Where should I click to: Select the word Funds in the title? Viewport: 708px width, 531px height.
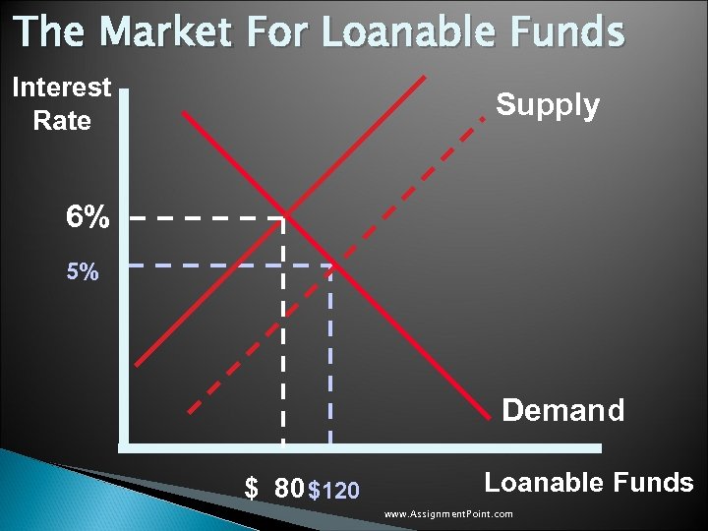tap(569, 31)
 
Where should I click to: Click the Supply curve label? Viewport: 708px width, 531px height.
tap(548, 105)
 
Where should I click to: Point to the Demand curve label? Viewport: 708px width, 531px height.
tap(562, 410)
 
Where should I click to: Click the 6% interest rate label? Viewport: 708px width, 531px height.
tap(88, 217)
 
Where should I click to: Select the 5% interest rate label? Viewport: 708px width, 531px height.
tap(83, 271)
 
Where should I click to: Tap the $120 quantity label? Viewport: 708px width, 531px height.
tap(333, 490)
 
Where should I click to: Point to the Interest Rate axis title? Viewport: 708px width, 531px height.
tap(61, 104)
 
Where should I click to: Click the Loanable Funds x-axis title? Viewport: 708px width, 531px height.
tap(589, 482)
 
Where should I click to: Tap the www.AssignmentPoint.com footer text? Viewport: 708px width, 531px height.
tap(448, 514)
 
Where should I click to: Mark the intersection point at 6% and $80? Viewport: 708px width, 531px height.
tap(285, 216)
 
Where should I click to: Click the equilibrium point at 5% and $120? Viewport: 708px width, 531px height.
tap(330, 265)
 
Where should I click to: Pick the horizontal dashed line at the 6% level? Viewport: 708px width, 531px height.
tap(206, 217)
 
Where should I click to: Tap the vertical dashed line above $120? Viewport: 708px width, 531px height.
tap(330, 354)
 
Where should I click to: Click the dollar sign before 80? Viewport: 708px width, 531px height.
tap(252, 489)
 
